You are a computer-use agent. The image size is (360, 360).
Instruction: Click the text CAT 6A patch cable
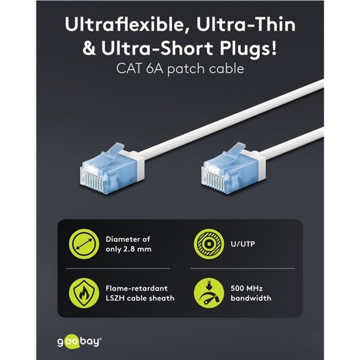(x=179, y=69)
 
